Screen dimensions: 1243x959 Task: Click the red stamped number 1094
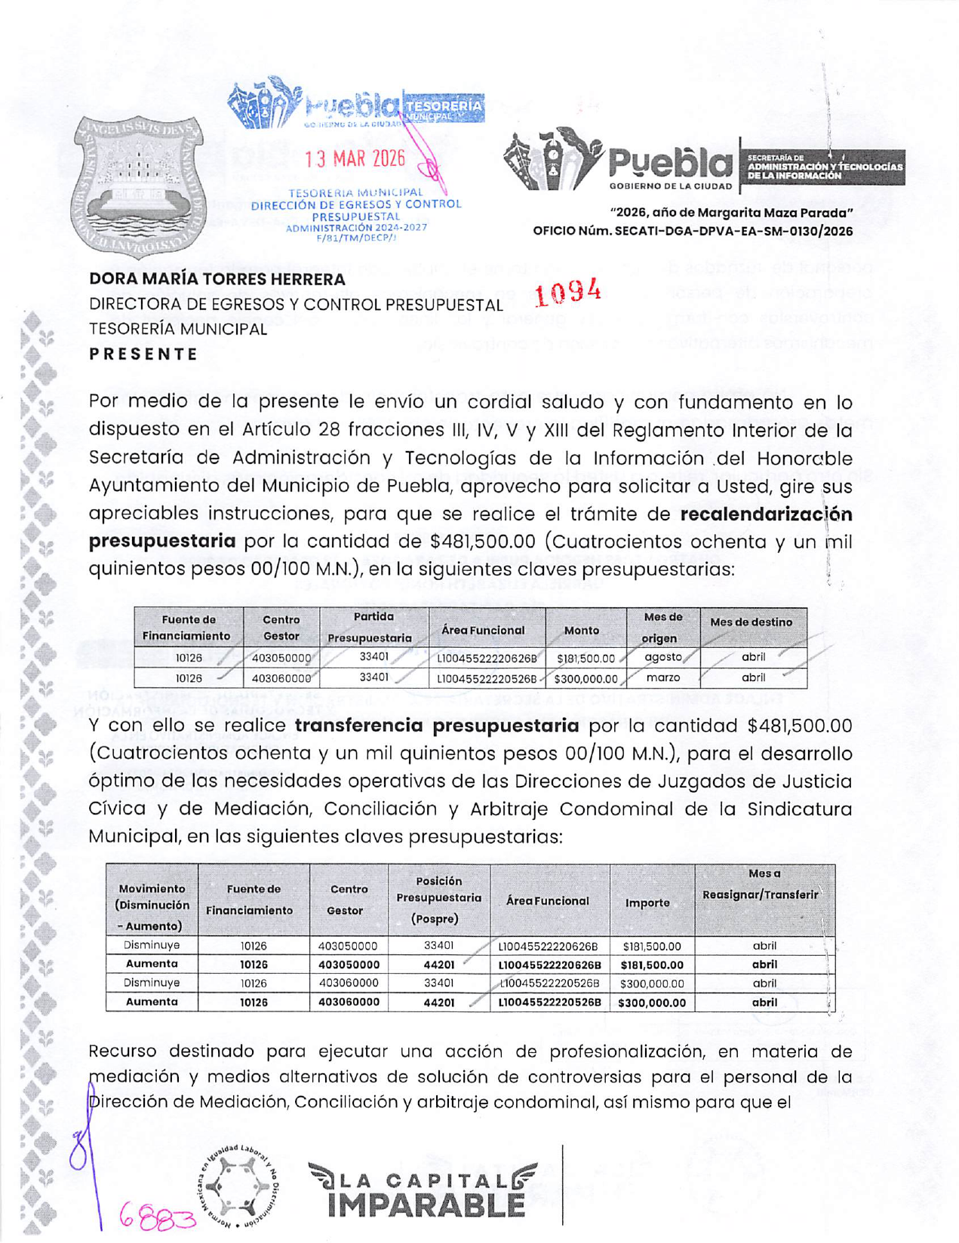click(567, 293)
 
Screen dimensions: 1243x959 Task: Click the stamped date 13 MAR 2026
click(355, 159)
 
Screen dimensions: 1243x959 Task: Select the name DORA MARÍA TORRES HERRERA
click(217, 279)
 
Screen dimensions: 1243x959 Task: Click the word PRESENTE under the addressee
click(143, 354)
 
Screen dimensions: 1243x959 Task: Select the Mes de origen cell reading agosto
click(662, 657)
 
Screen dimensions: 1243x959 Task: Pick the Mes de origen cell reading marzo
click(662, 677)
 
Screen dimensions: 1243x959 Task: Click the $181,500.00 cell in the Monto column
click(586, 658)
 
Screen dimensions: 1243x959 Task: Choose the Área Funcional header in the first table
click(483, 630)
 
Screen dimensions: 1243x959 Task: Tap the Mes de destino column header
click(751, 622)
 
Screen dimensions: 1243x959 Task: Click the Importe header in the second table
click(647, 902)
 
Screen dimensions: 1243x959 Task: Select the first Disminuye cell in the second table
click(152, 945)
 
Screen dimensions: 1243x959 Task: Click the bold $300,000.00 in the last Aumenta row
click(651, 1002)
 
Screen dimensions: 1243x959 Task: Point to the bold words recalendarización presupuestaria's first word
click(766, 514)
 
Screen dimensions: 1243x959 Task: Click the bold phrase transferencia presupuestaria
click(437, 726)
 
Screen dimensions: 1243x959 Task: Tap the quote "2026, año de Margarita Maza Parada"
click(731, 213)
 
